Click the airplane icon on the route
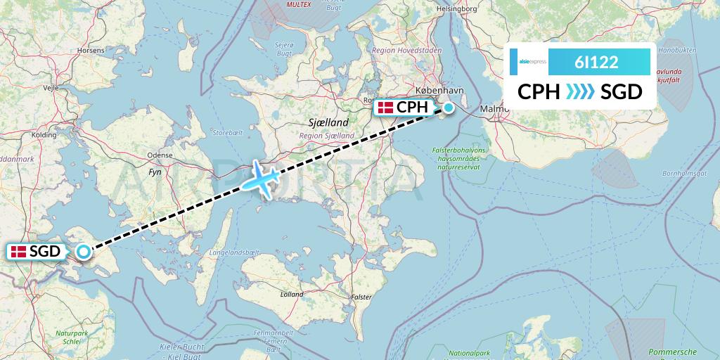(260, 179)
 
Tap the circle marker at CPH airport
(448, 108)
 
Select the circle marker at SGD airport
(84, 251)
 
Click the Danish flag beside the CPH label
(385, 108)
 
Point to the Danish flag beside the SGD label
(18, 252)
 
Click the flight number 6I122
(596, 62)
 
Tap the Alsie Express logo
(532, 62)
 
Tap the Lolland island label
(291, 295)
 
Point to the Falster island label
(361, 297)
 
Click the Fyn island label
(155, 171)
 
